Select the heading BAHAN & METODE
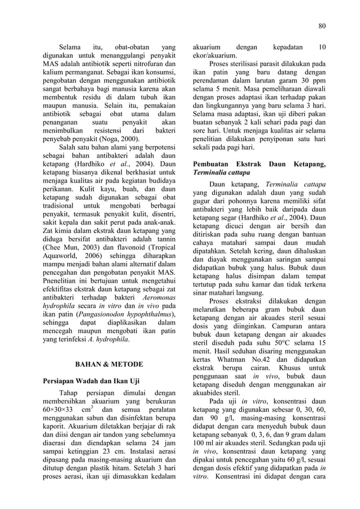click(x=109, y=364)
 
